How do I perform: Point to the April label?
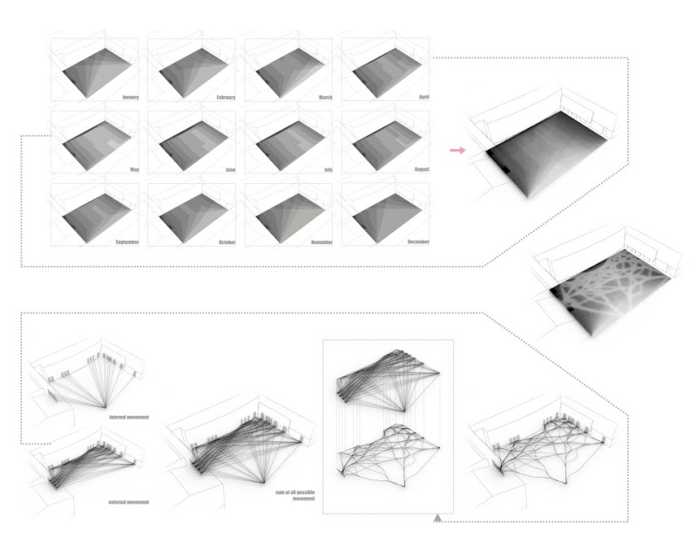[424, 98]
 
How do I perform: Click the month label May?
[135, 169]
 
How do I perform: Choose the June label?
[231, 169]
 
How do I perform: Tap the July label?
[328, 169]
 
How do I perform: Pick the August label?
[421, 169]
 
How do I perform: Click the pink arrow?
[456, 151]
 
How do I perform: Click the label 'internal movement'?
[128, 417]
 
